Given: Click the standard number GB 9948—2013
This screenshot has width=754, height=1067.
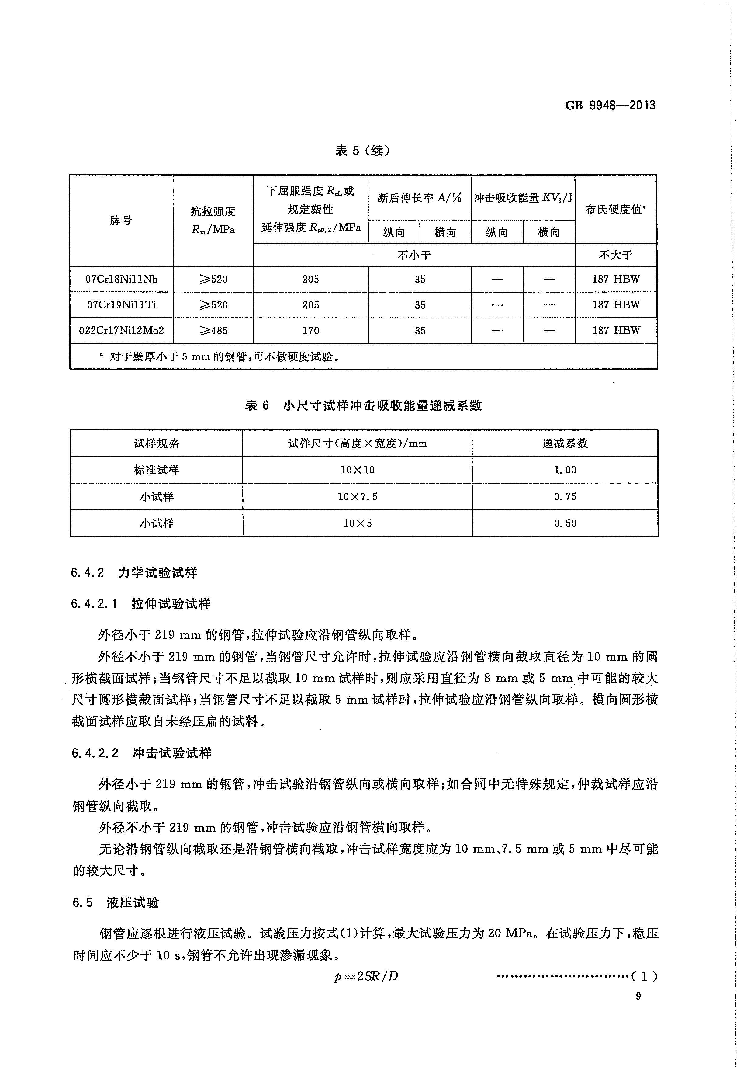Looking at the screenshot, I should click(x=610, y=106).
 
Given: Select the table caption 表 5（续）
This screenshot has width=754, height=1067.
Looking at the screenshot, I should click(x=362, y=151).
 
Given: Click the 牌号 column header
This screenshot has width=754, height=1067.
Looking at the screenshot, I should click(x=121, y=220).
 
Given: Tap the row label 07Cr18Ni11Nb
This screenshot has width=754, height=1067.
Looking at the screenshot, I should click(x=121, y=279).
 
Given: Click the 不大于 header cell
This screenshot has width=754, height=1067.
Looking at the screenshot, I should click(x=616, y=255).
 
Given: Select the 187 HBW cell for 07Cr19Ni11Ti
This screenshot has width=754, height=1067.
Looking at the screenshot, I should click(x=616, y=305).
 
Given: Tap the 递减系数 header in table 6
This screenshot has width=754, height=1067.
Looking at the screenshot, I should click(x=565, y=443).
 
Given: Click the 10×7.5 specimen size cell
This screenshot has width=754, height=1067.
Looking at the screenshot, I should click(x=357, y=497).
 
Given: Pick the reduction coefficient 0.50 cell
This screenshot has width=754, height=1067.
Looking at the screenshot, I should click(x=565, y=523).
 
